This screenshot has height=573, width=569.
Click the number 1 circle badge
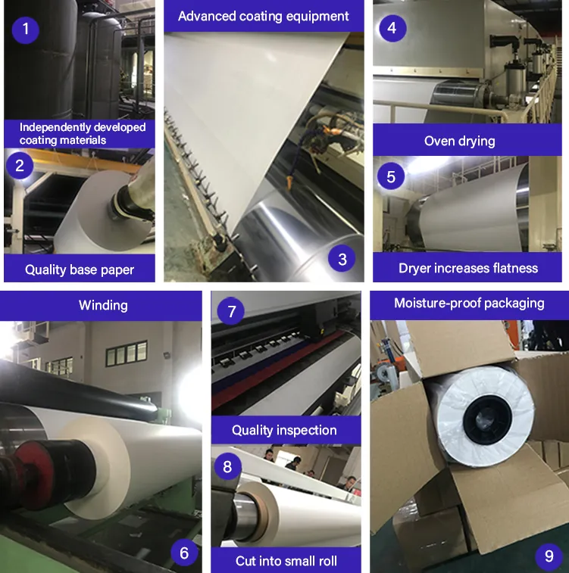[x=27, y=30]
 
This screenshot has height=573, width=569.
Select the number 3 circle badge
[x=342, y=259]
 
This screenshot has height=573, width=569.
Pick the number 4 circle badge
[x=391, y=29]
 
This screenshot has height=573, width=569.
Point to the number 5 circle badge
[x=391, y=176]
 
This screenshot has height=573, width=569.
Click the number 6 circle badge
[x=184, y=553]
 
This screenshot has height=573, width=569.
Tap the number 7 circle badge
[x=232, y=311]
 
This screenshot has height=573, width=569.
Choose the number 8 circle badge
[x=227, y=466]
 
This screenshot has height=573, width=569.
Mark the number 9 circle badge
[x=549, y=556]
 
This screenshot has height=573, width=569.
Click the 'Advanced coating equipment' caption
[x=264, y=16]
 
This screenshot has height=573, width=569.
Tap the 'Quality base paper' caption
[x=79, y=269]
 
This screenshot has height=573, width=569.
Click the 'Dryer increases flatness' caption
[x=468, y=268]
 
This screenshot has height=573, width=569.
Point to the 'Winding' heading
[x=103, y=305]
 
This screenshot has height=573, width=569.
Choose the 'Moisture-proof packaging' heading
[x=469, y=303]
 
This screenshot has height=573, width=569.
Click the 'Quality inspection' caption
[x=284, y=430]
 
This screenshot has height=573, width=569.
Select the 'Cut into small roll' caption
[x=286, y=561]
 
